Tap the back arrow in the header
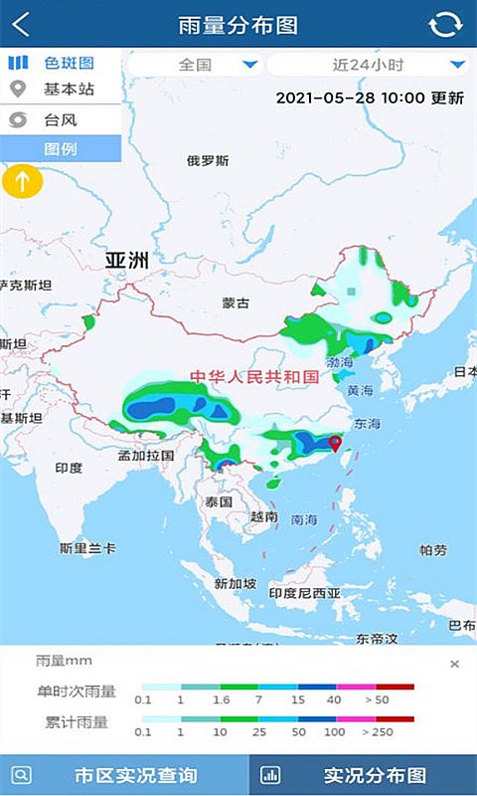click(21, 24)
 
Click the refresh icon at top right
click(446, 25)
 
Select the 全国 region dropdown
click(195, 66)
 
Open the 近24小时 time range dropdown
click(367, 66)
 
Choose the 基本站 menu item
click(61, 90)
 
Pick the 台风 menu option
click(61, 120)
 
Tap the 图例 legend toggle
click(61, 149)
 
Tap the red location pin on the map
click(335, 444)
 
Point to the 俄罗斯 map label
click(208, 160)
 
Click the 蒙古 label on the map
click(237, 303)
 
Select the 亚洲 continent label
click(127, 262)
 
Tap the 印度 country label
click(69, 468)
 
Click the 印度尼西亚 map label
click(305, 593)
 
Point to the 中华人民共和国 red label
click(254, 377)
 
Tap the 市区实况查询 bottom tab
click(123, 775)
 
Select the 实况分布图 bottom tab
click(363, 775)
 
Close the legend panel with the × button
click(454, 664)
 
